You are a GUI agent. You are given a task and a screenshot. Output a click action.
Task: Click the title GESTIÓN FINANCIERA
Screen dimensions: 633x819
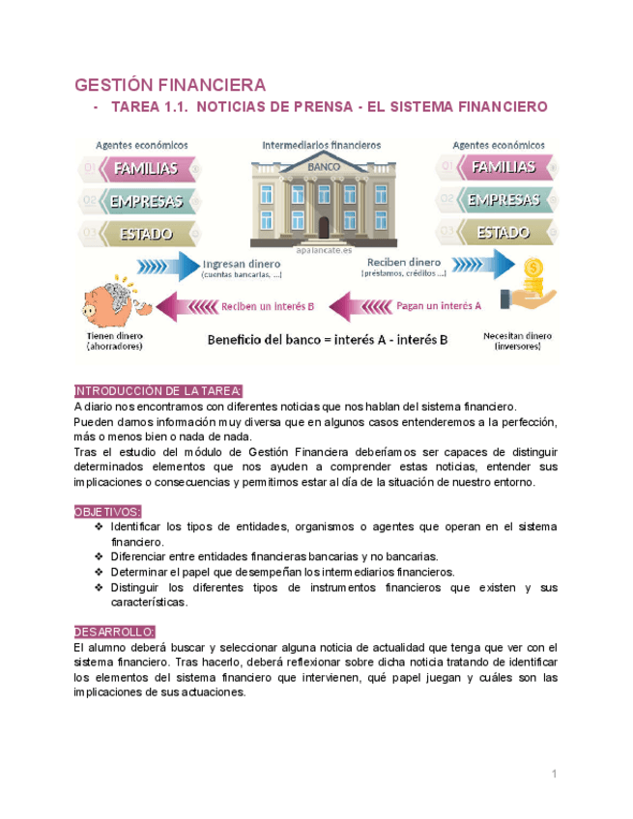point(170,84)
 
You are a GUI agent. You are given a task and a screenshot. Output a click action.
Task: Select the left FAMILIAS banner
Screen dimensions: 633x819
point(146,169)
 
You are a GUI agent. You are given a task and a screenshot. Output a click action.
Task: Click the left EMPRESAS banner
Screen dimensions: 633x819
point(146,201)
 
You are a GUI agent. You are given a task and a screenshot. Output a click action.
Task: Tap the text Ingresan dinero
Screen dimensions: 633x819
point(242,263)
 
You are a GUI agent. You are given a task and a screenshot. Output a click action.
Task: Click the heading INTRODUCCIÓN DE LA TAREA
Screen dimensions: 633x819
point(158,391)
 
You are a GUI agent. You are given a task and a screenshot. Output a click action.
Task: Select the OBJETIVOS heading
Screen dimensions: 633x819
point(107,512)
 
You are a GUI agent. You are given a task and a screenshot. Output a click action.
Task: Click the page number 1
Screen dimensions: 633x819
point(555,774)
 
